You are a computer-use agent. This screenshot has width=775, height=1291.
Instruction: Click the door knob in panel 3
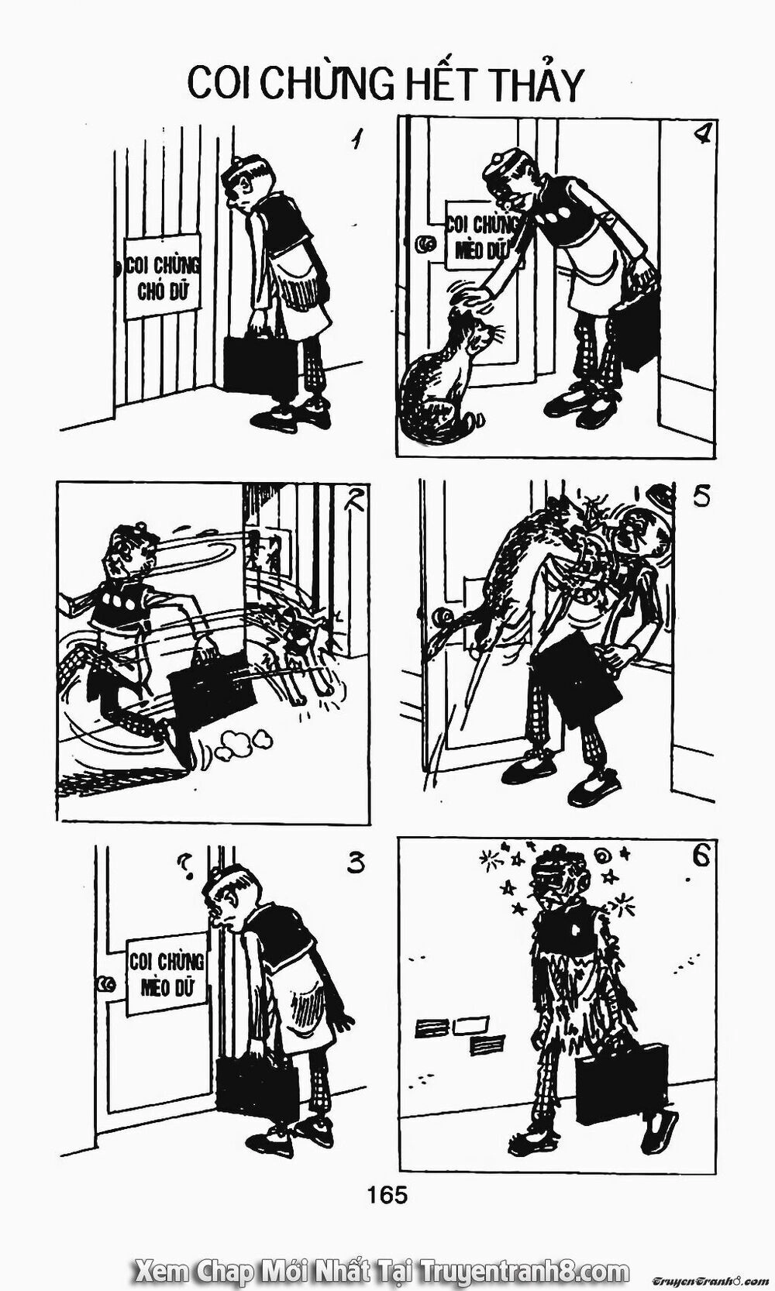click(104, 984)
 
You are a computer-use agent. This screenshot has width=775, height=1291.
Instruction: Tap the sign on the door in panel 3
click(166, 973)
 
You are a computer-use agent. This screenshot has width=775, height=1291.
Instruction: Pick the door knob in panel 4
click(424, 244)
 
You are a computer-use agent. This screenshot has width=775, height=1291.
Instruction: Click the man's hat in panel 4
click(505, 160)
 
